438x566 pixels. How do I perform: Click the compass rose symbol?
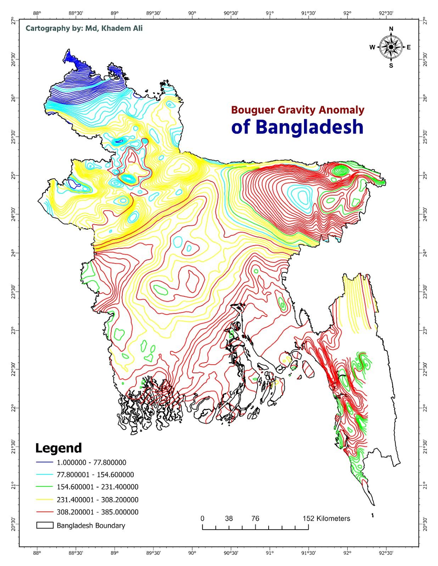(x=391, y=47)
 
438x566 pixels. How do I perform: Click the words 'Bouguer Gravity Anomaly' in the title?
(x=297, y=110)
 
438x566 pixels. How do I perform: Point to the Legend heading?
(x=58, y=448)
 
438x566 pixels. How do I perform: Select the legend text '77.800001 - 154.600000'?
(x=95, y=475)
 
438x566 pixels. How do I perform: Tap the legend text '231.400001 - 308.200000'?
(x=97, y=500)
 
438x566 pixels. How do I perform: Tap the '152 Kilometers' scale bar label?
(x=326, y=519)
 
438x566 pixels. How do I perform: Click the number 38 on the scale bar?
(x=229, y=519)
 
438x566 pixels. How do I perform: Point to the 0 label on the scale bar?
(x=202, y=519)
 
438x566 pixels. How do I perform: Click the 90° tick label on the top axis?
(x=192, y=13)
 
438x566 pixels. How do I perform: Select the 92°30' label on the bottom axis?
(x=386, y=552)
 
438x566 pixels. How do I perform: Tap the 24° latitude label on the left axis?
(x=13, y=253)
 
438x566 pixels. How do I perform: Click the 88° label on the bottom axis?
(x=37, y=552)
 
